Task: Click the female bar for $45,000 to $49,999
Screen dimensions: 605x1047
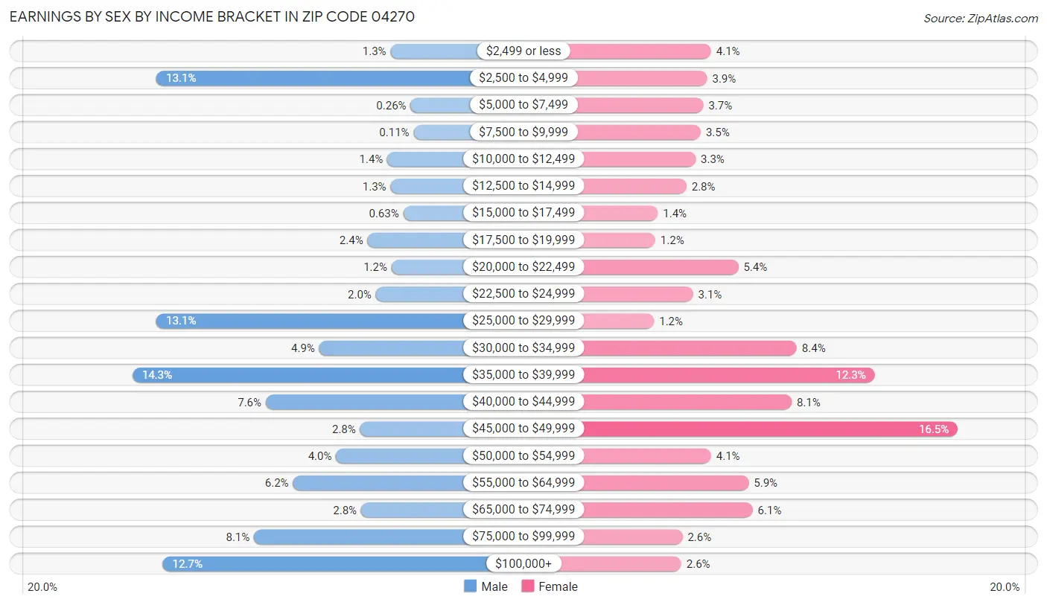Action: pos(768,429)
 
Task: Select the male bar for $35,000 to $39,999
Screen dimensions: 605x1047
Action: pos(302,375)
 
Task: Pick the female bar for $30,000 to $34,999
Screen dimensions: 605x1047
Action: pos(689,348)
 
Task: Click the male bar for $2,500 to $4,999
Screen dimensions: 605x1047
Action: pos(313,78)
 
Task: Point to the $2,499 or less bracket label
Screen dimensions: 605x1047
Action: pos(523,51)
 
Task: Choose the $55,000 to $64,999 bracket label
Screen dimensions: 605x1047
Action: pos(523,483)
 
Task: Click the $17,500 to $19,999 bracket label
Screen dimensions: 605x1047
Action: pos(523,240)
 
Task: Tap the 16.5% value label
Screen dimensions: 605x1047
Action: pos(934,429)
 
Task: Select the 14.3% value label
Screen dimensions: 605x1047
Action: pos(157,375)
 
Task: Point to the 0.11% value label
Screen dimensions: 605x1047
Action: pos(394,132)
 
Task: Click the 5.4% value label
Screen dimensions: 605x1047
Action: pos(757,267)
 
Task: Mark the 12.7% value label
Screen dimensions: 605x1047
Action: pos(187,564)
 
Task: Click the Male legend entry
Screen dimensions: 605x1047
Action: pos(486,586)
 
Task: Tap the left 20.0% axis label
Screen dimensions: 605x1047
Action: pos(42,586)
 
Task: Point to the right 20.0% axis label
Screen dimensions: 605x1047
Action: pos(1004,586)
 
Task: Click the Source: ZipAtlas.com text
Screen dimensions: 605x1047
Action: pos(980,17)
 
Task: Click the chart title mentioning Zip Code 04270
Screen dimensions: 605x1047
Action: pos(211,16)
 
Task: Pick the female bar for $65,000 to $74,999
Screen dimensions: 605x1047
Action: pos(666,510)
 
